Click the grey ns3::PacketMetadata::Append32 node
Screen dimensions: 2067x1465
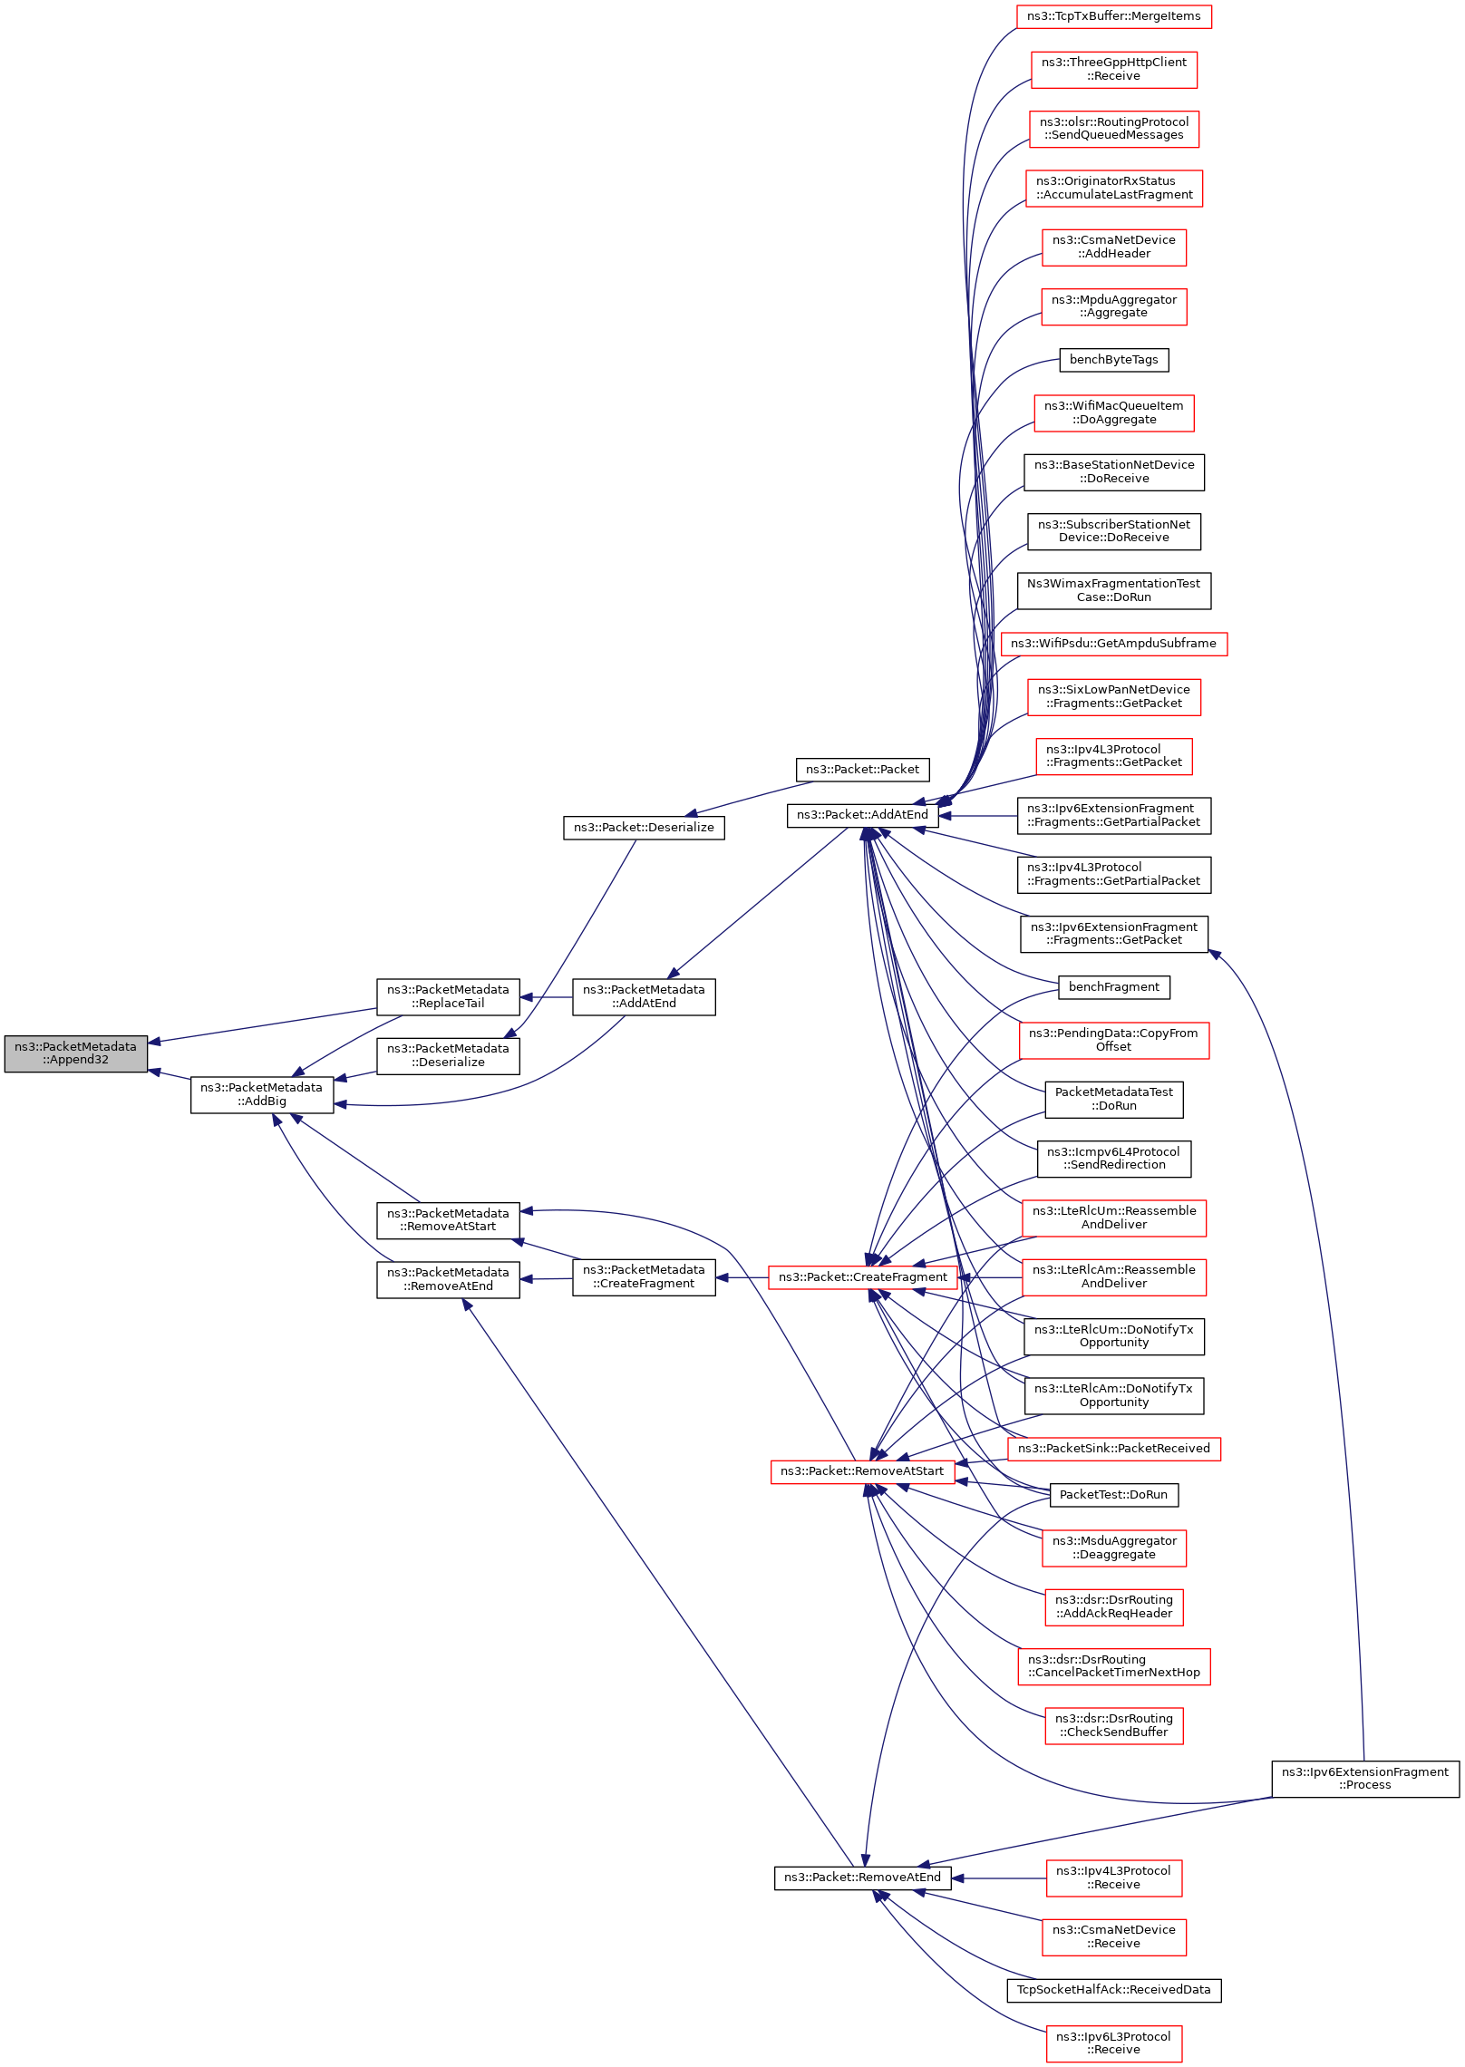coord(75,1053)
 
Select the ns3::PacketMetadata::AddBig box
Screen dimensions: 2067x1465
coord(262,1094)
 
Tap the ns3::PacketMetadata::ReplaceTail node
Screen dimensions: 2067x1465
coord(448,996)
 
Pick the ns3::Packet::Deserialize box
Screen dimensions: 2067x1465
coord(644,828)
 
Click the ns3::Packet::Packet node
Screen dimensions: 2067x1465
coord(862,770)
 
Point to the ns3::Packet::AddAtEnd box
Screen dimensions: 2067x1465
coord(862,815)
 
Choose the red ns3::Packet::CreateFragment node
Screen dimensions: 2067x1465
coord(862,1277)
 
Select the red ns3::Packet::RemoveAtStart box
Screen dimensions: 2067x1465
coord(862,1471)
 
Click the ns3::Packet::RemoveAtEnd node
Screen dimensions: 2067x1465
coord(862,1878)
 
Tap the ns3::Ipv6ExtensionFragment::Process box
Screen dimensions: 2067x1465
coord(1365,1779)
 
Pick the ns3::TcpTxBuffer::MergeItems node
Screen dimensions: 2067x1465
coord(1113,16)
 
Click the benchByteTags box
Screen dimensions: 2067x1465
coord(1113,360)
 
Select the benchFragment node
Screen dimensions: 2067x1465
coord(1113,987)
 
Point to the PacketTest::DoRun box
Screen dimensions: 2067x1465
coord(1113,1495)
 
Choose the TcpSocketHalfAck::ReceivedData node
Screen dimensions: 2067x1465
coord(1113,1990)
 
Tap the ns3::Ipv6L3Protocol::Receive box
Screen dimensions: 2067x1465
coord(1113,2043)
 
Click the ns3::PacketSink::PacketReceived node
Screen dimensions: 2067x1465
coord(1113,1449)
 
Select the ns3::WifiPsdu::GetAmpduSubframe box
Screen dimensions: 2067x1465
coord(1113,644)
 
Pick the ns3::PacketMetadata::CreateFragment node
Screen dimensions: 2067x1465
coord(644,1277)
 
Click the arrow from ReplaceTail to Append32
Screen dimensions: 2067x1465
coord(263,1025)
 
